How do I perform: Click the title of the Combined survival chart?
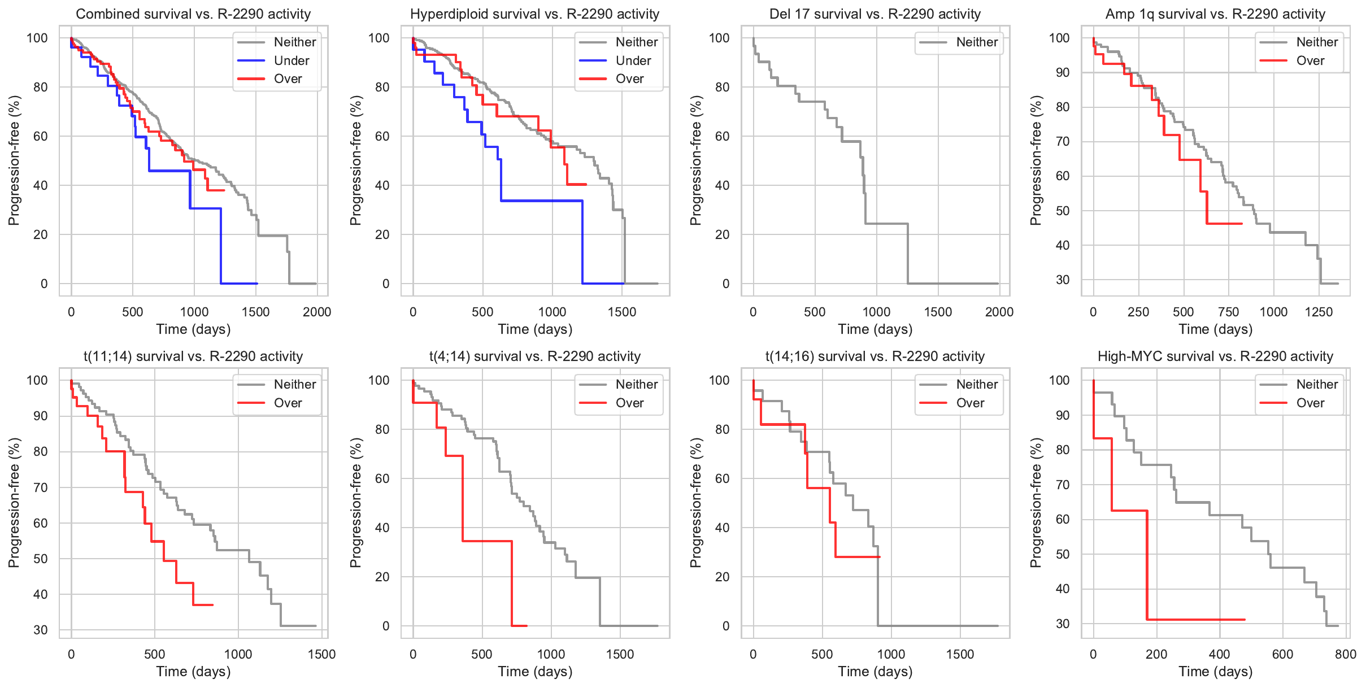[x=193, y=14]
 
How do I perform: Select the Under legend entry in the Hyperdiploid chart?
[x=633, y=60]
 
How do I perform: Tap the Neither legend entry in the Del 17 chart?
[x=977, y=42]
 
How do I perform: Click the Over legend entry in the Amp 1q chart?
[x=1310, y=60]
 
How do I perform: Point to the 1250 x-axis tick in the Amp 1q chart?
[x=1319, y=312]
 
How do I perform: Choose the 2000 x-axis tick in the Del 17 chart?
[x=999, y=312]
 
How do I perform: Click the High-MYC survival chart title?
[x=1215, y=356]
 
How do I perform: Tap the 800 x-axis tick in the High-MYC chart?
[x=1346, y=654]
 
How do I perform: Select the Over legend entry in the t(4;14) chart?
[x=629, y=403]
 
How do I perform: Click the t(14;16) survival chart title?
[x=875, y=356]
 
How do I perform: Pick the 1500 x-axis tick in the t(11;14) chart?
[x=321, y=654]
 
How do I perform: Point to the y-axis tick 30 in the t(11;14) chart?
[x=41, y=630]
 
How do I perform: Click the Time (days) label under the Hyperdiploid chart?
[x=535, y=329]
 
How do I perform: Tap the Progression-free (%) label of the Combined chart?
[x=14, y=160]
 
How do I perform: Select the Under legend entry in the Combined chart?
[x=291, y=60]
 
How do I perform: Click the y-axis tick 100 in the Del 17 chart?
[x=719, y=38]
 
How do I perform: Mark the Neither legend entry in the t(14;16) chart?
[x=977, y=384]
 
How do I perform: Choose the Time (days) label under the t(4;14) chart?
[x=535, y=672]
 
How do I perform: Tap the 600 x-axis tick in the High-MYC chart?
[x=1282, y=654]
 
